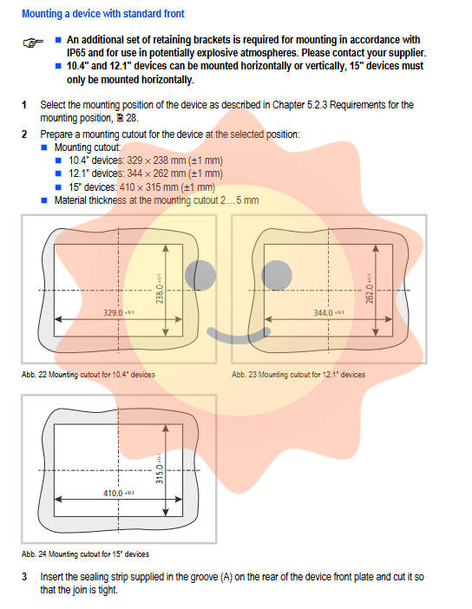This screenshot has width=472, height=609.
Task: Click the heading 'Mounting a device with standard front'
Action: pyautogui.click(x=103, y=14)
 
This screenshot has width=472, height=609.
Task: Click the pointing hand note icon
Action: pyautogui.click(x=33, y=43)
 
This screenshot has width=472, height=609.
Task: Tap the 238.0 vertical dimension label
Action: pyautogui.click(x=160, y=289)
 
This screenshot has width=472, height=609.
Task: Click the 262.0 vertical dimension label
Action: pyautogui.click(x=370, y=289)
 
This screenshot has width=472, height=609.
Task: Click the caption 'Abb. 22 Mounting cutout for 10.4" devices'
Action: pyautogui.click(x=88, y=375)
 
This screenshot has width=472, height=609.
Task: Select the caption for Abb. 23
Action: pyautogui.click(x=298, y=375)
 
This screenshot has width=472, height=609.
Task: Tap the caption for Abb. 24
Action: pyautogui.click(x=85, y=554)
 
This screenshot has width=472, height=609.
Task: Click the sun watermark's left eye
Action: pyautogui.click(x=200, y=275)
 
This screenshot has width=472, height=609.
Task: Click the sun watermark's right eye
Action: pyautogui.click(x=277, y=275)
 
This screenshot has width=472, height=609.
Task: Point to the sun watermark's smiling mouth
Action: pyautogui.click(x=239, y=339)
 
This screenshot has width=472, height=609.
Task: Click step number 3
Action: pyautogui.click(x=24, y=577)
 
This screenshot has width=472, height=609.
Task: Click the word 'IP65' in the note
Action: pyautogui.click(x=75, y=53)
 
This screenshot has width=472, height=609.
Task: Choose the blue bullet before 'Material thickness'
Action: pyautogui.click(x=44, y=200)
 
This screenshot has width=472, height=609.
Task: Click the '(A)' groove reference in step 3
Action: pyautogui.click(x=226, y=577)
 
